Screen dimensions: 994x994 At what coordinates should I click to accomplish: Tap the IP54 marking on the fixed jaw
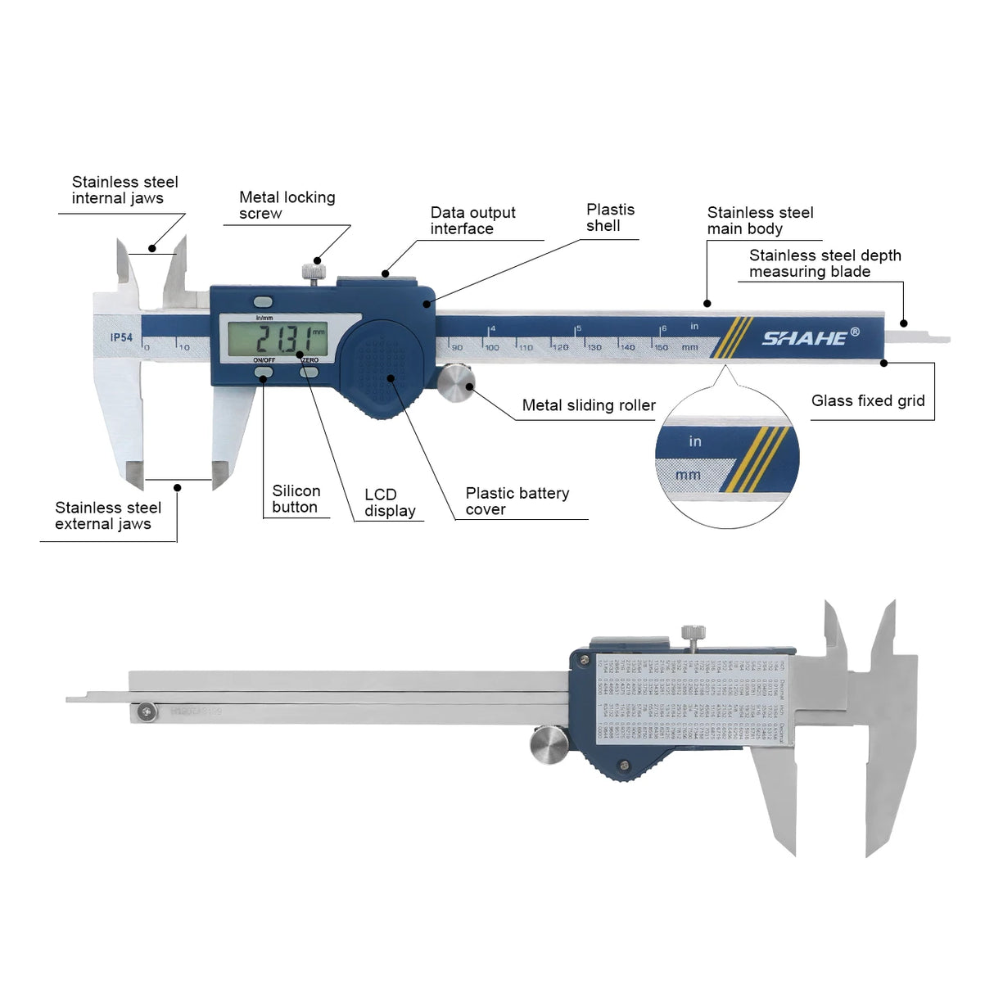(121, 337)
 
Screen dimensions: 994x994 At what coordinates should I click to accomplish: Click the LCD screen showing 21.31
(278, 337)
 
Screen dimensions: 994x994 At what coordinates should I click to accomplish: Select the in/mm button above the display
(263, 301)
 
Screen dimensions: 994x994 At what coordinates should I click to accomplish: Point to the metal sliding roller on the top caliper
(455, 384)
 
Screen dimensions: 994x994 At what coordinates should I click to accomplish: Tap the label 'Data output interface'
(472, 221)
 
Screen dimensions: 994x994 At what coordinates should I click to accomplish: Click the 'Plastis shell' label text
(610, 218)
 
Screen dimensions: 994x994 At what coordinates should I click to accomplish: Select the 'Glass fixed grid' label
(868, 400)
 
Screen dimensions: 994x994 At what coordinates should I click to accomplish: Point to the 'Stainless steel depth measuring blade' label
(825, 264)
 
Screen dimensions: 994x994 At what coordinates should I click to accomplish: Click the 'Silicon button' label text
(296, 499)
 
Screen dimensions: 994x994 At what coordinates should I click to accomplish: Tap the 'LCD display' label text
(390, 503)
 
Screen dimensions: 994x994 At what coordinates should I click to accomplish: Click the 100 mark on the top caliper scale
(492, 347)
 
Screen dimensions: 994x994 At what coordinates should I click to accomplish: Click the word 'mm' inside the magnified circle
(688, 475)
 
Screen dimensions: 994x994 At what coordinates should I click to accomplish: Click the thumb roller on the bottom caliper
(549, 745)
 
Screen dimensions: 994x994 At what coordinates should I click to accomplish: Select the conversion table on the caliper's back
(692, 698)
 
